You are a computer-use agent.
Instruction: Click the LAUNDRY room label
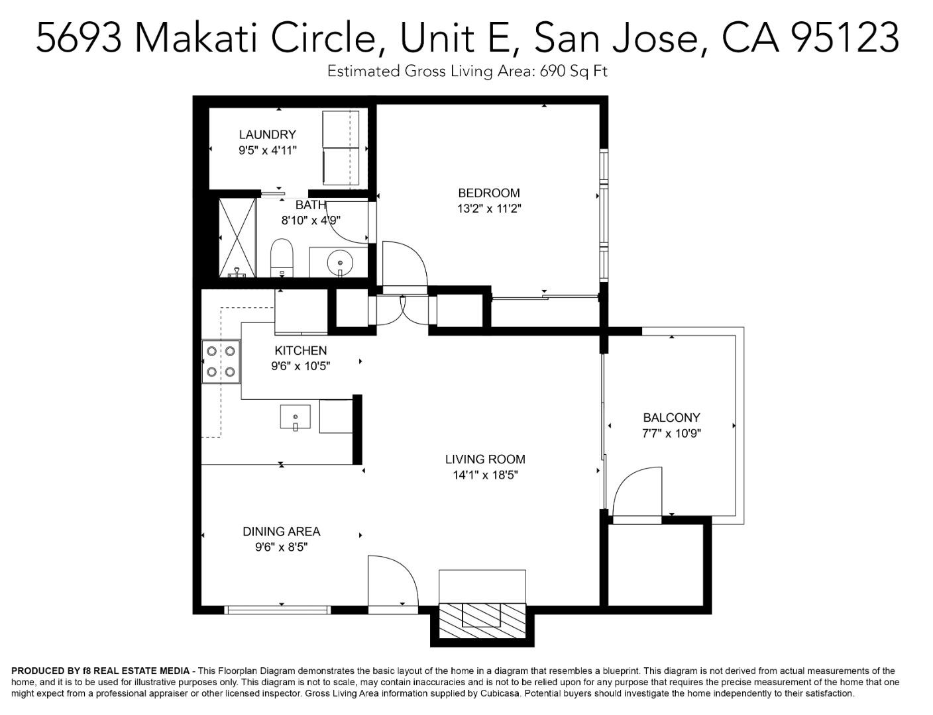tap(267, 134)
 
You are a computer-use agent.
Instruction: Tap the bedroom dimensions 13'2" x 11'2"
tap(489, 209)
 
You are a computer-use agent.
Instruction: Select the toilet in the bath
tap(282, 258)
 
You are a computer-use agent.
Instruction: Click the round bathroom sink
tap(341, 263)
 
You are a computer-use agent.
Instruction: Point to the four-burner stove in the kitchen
tap(221, 361)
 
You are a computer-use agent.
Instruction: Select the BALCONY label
tap(671, 418)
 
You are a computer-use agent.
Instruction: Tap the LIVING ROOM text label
tap(485, 459)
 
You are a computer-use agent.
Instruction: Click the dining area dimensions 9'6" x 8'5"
tap(282, 548)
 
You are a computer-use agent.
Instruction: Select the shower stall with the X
tap(237, 237)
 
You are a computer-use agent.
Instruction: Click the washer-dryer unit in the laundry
tap(341, 148)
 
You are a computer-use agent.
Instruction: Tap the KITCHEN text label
tap(300, 351)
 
